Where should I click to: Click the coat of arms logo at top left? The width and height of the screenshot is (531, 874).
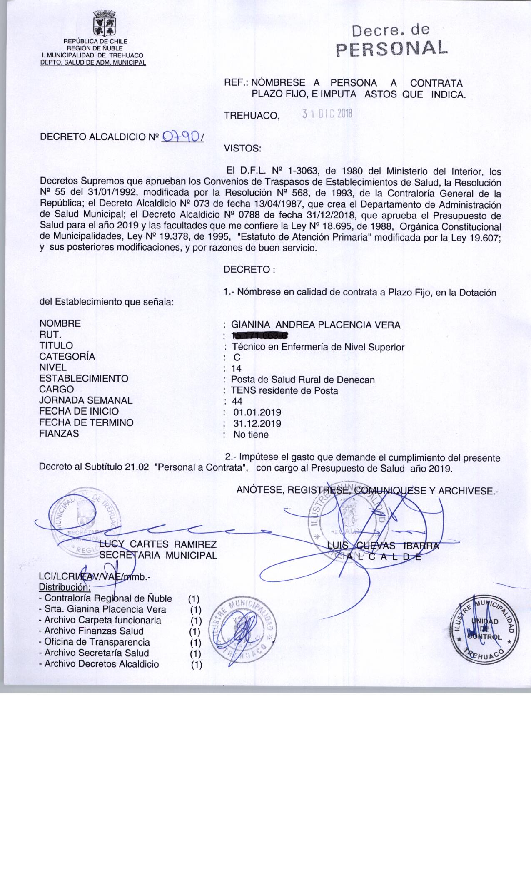[x=104, y=23]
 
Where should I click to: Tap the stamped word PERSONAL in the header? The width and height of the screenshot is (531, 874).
[x=391, y=48]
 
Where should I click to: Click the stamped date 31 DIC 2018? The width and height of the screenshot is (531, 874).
[x=327, y=114]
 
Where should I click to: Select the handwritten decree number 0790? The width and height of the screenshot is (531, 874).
[x=181, y=136]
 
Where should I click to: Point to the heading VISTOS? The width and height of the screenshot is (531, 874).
[x=242, y=148]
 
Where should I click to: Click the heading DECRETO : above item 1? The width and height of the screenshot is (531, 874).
[x=249, y=270]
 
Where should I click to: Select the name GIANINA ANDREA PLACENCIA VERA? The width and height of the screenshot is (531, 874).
[x=316, y=325]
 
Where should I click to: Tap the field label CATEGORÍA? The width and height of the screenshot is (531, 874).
[x=67, y=356]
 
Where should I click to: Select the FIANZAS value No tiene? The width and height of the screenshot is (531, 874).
[x=251, y=435]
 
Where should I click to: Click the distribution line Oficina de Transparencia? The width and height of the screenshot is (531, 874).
[x=97, y=642]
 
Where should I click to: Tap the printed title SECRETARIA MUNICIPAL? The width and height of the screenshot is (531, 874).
[x=158, y=555]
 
